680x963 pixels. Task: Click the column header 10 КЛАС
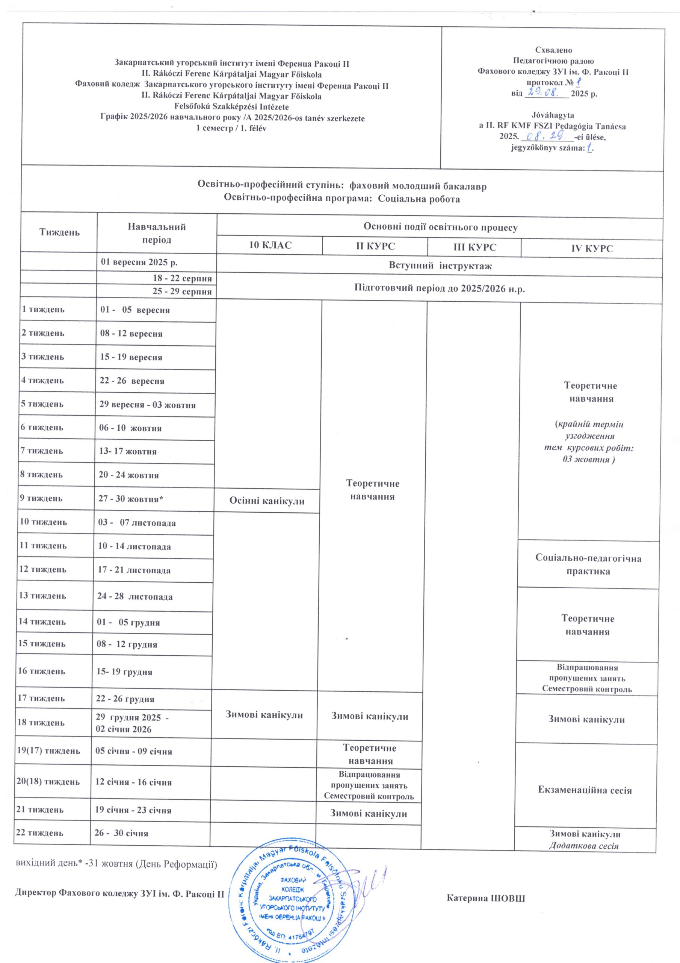270,245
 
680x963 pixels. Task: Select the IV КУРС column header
592,248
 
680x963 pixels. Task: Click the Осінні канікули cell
266,501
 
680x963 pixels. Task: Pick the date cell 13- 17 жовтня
128,452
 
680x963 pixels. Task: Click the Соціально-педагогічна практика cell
588,565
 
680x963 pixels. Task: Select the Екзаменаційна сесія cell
585,790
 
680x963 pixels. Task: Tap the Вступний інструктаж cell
440,266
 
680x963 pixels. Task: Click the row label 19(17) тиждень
48,750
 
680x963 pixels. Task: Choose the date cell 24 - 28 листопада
134,597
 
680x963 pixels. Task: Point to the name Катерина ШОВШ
486,899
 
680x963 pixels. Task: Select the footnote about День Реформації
116,864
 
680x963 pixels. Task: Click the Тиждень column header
59,232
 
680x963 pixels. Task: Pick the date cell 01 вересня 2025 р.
139,263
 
